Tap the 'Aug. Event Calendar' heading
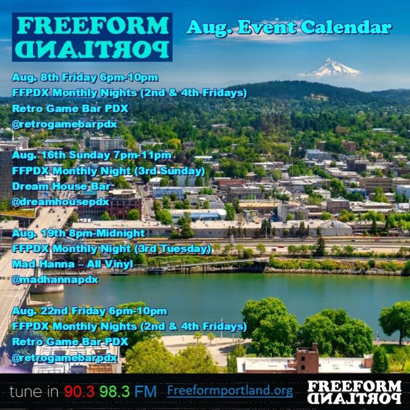[x=289, y=27]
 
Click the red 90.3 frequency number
[x=79, y=391]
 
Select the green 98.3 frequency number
[x=114, y=391]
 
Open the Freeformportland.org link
[x=230, y=391]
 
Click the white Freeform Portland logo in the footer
[x=354, y=392]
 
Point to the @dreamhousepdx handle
[x=60, y=202]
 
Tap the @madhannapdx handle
[x=55, y=280]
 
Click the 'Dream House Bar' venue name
[x=61, y=186]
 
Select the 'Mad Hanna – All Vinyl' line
[x=73, y=264]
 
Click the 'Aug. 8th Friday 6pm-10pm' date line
[x=85, y=77]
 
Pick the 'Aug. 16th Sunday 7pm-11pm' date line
[x=91, y=155]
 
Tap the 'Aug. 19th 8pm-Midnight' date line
[x=78, y=233]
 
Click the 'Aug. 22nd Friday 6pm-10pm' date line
[x=90, y=311]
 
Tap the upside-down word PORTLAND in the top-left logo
[x=92, y=49]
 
